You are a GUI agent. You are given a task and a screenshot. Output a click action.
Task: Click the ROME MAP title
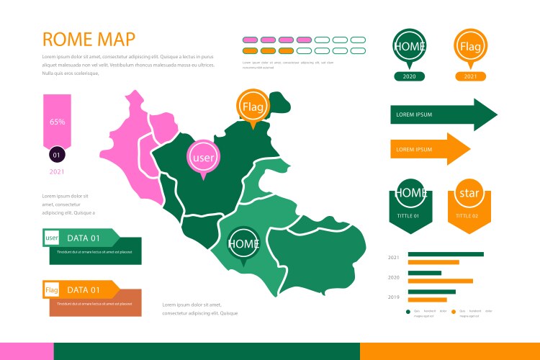[89, 39]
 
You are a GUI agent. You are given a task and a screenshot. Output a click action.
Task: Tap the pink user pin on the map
[202, 157]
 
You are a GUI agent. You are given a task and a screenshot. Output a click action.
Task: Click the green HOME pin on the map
[243, 243]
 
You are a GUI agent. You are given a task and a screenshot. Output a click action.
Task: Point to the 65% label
[57, 122]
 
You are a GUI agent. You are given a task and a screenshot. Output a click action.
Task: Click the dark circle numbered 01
[57, 154]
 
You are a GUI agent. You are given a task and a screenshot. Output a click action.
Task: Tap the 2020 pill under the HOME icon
[409, 76]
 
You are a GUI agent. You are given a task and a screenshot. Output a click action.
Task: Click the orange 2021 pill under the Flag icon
[470, 76]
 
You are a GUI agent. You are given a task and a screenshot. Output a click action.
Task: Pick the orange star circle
[469, 194]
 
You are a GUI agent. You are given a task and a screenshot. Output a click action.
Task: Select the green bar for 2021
[446, 254]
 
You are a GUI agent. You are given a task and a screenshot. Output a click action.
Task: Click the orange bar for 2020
[441, 281]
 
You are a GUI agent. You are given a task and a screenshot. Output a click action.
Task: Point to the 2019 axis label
[394, 297]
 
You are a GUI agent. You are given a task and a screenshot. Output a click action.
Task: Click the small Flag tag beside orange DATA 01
[52, 290]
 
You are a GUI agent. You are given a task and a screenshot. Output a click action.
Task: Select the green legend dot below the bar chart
[408, 312]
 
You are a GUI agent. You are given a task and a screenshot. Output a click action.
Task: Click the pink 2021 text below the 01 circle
[57, 172]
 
